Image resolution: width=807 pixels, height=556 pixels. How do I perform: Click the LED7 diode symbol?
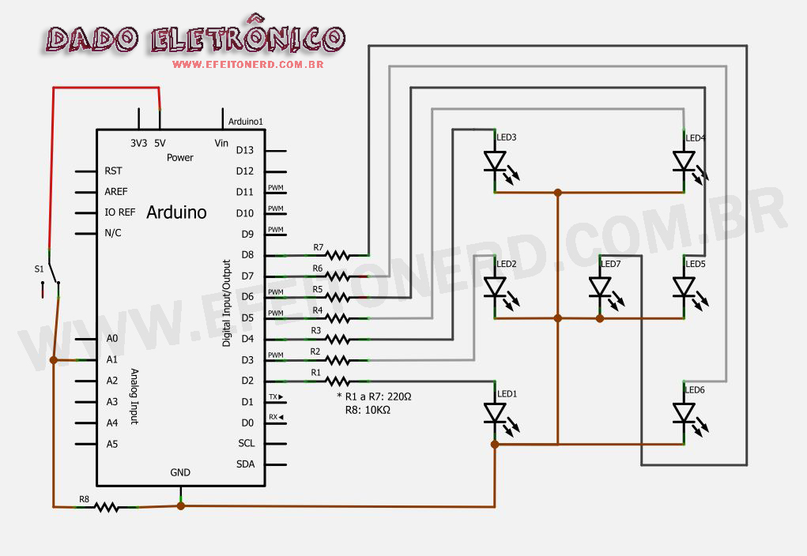pyautogui.click(x=600, y=287)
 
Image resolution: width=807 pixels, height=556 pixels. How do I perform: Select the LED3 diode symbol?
pyautogui.click(x=495, y=162)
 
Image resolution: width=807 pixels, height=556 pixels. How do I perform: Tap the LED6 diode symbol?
pyautogui.click(x=684, y=413)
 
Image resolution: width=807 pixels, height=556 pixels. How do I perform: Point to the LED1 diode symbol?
pyautogui.click(x=495, y=413)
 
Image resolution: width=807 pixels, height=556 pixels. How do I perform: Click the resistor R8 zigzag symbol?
pyautogui.click(x=107, y=506)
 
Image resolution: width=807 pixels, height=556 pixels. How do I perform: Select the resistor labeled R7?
pyautogui.click(x=338, y=255)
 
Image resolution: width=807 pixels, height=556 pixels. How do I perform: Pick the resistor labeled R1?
pyautogui.click(x=338, y=381)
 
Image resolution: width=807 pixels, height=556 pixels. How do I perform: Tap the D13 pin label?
pyautogui.click(x=245, y=150)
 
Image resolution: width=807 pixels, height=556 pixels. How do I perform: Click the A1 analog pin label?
pyautogui.click(x=111, y=359)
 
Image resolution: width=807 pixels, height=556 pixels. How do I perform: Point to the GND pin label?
pyautogui.click(x=180, y=472)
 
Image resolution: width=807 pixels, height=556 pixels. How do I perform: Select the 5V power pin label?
pyautogui.click(x=160, y=143)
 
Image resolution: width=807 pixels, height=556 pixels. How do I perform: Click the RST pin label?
pyautogui.click(x=113, y=171)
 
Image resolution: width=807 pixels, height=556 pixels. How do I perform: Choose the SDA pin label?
pyautogui.click(x=246, y=464)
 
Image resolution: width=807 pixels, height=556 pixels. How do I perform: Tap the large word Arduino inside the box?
pyautogui.click(x=176, y=212)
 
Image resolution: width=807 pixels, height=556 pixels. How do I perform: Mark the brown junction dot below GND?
pyautogui.click(x=180, y=505)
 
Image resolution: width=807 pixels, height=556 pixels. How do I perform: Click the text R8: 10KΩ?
pyautogui.click(x=368, y=411)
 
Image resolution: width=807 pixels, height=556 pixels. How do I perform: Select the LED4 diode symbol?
pyautogui.click(x=684, y=162)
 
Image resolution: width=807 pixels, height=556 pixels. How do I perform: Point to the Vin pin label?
pyautogui.click(x=221, y=143)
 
